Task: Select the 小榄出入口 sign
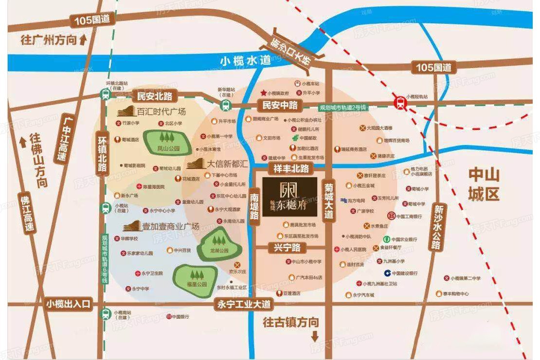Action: (69, 304)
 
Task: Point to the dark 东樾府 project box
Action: (290, 197)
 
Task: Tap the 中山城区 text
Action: (484, 185)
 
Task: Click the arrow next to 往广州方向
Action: (83, 40)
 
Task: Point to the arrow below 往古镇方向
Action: (315, 335)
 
